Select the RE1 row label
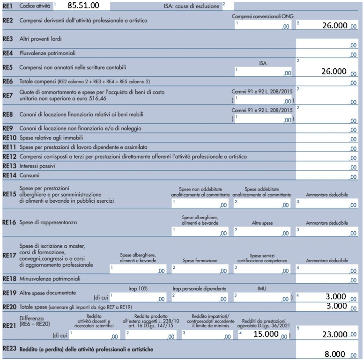point(7,7)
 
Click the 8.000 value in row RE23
point(337,354)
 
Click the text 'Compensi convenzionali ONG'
point(262,16)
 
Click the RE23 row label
point(9,349)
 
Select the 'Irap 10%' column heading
point(138,289)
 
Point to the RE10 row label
point(10,138)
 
